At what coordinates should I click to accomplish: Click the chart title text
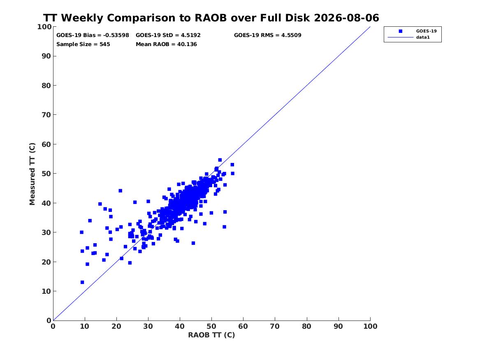tap(211, 18)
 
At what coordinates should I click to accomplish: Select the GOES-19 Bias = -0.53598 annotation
tap(93, 35)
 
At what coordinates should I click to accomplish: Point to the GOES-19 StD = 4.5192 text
tap(168, 35)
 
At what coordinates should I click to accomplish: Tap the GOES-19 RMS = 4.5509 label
tap(267, 35)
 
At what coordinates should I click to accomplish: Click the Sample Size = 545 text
tap(83, 44)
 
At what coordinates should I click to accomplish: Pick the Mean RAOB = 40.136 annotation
tap(166, 44)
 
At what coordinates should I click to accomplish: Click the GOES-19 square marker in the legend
tap(400, 31)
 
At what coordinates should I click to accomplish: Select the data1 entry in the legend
tap(423, 37)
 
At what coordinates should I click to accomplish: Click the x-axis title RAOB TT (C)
tap(211, 335)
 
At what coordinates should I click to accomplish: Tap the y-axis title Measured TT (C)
tap(32, 174)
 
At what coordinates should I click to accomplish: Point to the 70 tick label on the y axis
tap(46, 115)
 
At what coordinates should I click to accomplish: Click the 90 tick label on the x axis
tap(338, 326)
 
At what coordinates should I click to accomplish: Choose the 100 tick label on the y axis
tap(44, 27)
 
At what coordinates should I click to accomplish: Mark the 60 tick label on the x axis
tap(243, 326)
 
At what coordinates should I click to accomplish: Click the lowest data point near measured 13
tap(82, 282)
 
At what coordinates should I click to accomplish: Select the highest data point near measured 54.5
tap(220, 160)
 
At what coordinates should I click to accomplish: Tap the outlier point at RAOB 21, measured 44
tap(120, 191)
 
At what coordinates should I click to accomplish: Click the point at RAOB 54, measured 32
tap(224, 227)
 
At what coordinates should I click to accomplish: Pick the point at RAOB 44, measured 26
tap(193, 243)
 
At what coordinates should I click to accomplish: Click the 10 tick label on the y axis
tap(46, 291)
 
